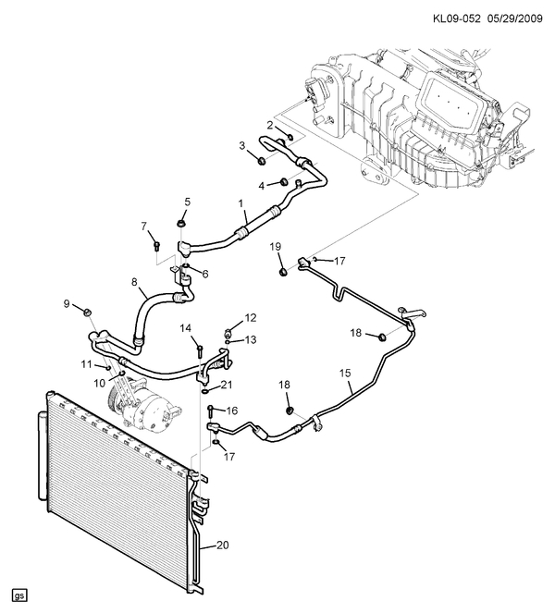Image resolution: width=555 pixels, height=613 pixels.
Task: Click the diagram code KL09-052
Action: click(456, 18)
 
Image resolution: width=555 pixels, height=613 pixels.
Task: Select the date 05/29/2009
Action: click(514, 18)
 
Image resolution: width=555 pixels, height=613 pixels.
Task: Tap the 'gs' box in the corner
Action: click(19, 595)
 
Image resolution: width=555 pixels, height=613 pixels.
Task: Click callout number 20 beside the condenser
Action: click(223, 545)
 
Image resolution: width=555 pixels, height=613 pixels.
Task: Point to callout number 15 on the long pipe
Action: click(345, 373)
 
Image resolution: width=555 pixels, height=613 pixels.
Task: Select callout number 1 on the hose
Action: click(240, 203)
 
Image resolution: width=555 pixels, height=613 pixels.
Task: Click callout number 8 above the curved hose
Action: click(134, 282)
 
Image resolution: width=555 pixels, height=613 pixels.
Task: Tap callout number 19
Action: click(276, 246)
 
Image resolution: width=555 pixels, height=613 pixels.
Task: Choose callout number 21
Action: click(227, 385)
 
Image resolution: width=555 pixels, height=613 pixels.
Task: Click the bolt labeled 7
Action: click(156, 246)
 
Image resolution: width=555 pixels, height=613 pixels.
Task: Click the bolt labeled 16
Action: click(210, 411)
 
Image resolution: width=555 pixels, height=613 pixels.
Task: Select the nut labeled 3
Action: click(263, 160)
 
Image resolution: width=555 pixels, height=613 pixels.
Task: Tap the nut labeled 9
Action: click(88, 312)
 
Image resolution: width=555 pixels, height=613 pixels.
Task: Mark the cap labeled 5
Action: click(181, 224)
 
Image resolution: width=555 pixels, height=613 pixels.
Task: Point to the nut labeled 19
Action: click(284, 271)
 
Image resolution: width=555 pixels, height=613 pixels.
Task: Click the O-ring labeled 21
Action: click(205, 391)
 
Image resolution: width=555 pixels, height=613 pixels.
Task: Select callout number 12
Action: click(251, 318)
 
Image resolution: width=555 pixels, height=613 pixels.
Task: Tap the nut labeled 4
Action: click(284, 181)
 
